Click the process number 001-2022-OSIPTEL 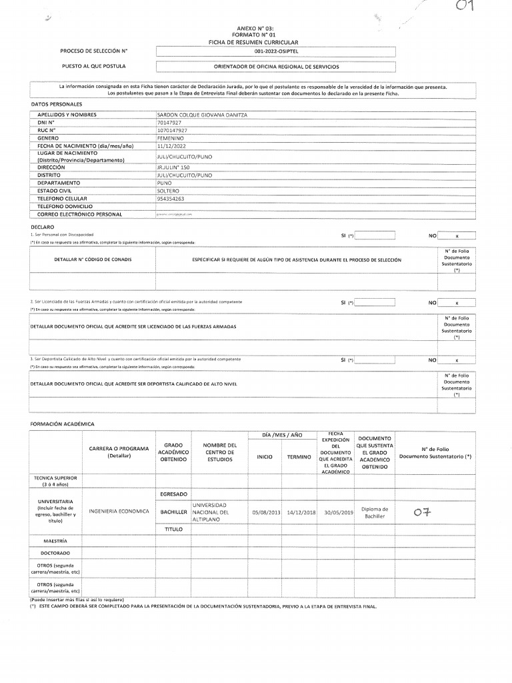(x=275, y=51)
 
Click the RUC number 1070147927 (x=171, y=130)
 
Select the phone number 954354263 (x=171, y=198)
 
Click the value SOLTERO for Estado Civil (x=168, y=191)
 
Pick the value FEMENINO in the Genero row (x=170, y=137)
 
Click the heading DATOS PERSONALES (x=57, y=105)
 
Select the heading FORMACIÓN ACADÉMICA (x=63, y=424)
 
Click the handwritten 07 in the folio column (x=423, y=512)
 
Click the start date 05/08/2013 (x=265, y=512)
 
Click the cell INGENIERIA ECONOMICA (x=119, y=511)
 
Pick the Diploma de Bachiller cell (x=374, y=512)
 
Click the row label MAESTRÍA (x=55, y=540)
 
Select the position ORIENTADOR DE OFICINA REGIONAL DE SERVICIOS (x=275, y=67)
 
